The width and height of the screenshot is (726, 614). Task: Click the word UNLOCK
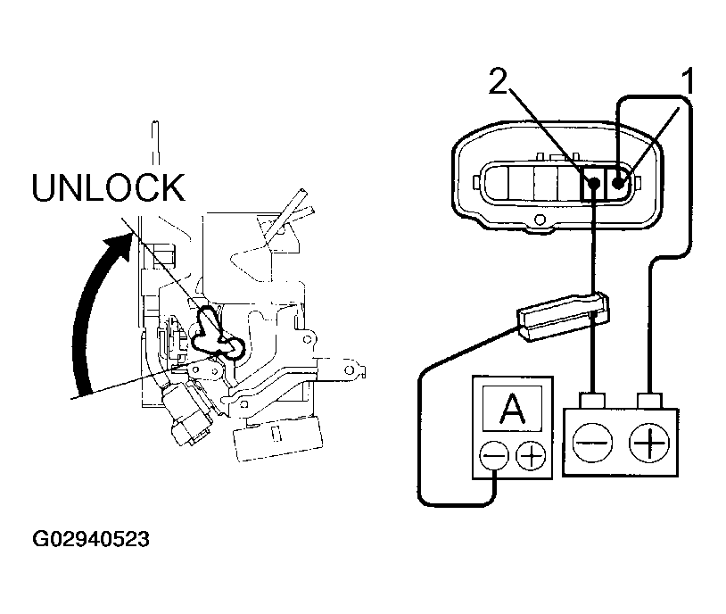pos(108,188)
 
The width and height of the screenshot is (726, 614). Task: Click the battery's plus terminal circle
pos(649,443)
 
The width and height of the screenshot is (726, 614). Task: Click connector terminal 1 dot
pos(618,184)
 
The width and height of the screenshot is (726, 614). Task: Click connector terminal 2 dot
pos(593,185)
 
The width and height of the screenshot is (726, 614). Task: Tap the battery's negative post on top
pos(592,397)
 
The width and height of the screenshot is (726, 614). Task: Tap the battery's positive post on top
pos(650,397)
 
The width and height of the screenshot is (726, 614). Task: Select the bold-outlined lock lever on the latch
pos(213,331)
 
